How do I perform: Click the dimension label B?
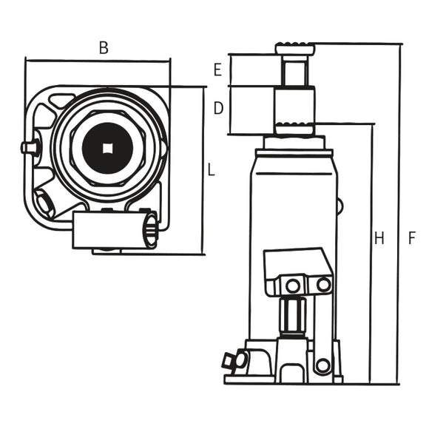pyautogui.click(x=104, y=48)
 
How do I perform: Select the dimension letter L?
pyautogui.click(x=211, y=170)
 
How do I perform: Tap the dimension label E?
pyautogui.click(x=217, y=70)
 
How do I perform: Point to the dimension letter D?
pyautogui.click(x=217, y=109)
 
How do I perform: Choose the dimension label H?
pyautogui.click(x=379, y=238)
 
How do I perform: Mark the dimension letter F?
pyautogui.click(x=412, y=238)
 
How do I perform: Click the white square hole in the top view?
pyautogui.click(x=108, y=146)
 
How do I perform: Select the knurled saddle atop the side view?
pyautogui.click(x=295, y=50)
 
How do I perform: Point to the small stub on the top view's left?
pyautogui.click(x=30, y=147)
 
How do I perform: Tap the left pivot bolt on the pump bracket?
pyautogui.click(x=293, y=285)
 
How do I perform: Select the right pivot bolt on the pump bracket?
pyautogui.click(x=323, y=284)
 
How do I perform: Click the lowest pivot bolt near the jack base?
pyautogui.click(x=322, y=365)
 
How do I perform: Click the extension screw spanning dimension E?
pyautogui.click(x=295, y=72)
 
